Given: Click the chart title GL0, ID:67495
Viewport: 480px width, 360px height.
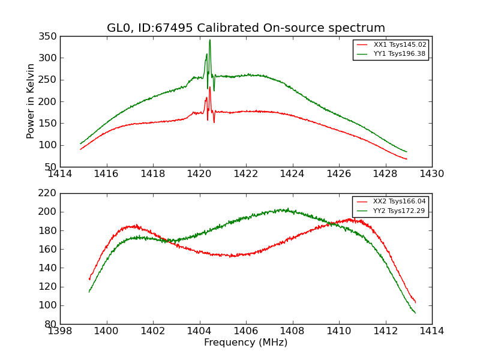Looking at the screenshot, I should click(x=246, y=28).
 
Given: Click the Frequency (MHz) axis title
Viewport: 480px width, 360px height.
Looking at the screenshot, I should click(x=246, y=343).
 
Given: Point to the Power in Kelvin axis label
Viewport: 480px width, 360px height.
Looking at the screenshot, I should click(x=31, y=101).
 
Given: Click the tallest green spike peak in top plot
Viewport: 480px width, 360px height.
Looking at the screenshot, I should click(x=209, y=40).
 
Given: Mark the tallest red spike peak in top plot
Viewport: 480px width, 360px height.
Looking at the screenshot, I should click(x=209, y=88).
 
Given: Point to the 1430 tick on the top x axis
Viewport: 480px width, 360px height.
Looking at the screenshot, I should click(x=431, y=174).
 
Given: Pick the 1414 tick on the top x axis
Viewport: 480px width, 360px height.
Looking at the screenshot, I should click(x=61, y=174).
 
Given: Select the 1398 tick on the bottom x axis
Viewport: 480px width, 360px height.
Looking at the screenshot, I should click(x=61, y=331).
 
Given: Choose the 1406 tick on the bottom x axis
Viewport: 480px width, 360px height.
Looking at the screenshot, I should click(x=246, y=331).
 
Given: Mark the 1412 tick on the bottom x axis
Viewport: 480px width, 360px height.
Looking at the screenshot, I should click(x=385, y=331).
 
